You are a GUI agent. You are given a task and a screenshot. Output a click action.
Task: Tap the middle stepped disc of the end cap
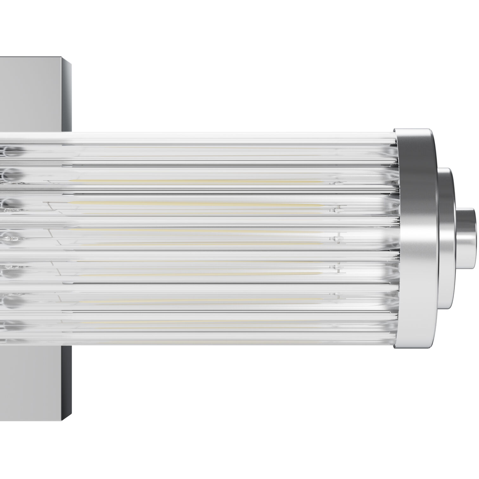(445, 238)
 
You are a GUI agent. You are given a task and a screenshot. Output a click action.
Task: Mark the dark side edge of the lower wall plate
(67, 380)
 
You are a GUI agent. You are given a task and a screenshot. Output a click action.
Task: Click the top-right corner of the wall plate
(70, 64)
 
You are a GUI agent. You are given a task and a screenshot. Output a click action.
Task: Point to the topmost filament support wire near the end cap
(338, 183)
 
